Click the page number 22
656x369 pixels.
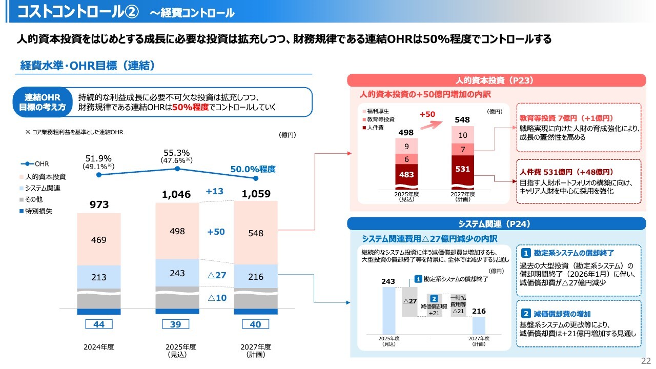coord(646,360)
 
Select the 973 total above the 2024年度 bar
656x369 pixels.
coord(99,205)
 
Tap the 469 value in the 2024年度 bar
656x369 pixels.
coord(99,239)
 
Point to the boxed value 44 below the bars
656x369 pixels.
coord(99,324)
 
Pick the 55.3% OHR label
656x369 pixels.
coord(177,152)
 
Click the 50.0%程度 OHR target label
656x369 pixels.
coord(253,169)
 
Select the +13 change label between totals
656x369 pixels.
coord(215,191)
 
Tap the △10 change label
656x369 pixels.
coord(216,297)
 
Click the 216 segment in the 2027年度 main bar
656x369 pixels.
coord(255,277)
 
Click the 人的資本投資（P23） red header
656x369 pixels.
coord(496,80)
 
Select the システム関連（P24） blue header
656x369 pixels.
coord(496,224)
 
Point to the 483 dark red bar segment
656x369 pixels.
coord(406,175)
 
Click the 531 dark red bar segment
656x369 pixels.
coord(462,169)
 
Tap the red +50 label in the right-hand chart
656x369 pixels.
coord(427,114)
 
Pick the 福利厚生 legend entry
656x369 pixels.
coord(378,111)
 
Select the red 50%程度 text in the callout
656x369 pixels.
coord(191,107)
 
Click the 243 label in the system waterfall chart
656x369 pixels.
coord(388,281)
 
